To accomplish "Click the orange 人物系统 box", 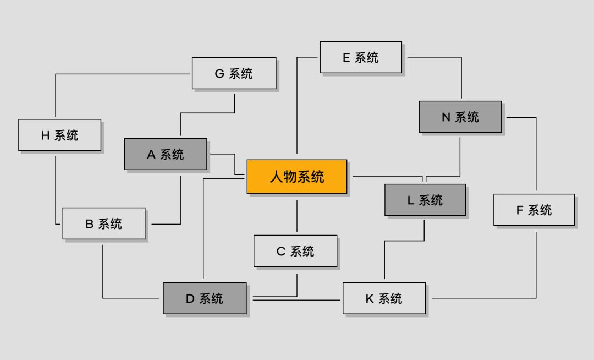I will pyautogui.click(x=297, y=177).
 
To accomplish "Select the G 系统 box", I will pyautogui.click(x=234, y=73).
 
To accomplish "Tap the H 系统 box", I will pyautogui.click(x=59, y=135).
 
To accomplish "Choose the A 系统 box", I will pyautogui.click(x=166, y=154).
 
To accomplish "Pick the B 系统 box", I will pyautogui.click(x=104, y=223).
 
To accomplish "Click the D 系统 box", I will pyautogui.click(x=205, y=298).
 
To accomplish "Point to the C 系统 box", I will pyautogui.click(x=295, y=251).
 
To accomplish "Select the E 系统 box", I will pyautogui.click(x=361, y=57).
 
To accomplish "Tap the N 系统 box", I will pyautogui.click(x=460, y=117).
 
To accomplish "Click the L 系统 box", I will pyautogui.click(x=425, y=200).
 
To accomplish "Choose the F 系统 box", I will pyautogui.click(x=534, y=210).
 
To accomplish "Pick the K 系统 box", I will pyautogui.click(x=384, y=298).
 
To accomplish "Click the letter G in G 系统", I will pyautogui.click(x=219, y=74).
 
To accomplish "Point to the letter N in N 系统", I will pyautogui.click(x=446, y=117).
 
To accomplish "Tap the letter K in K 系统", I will pyautogui.click(x=370, y=299).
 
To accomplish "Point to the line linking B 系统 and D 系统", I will pyautogui.click(x=103, y=275).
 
